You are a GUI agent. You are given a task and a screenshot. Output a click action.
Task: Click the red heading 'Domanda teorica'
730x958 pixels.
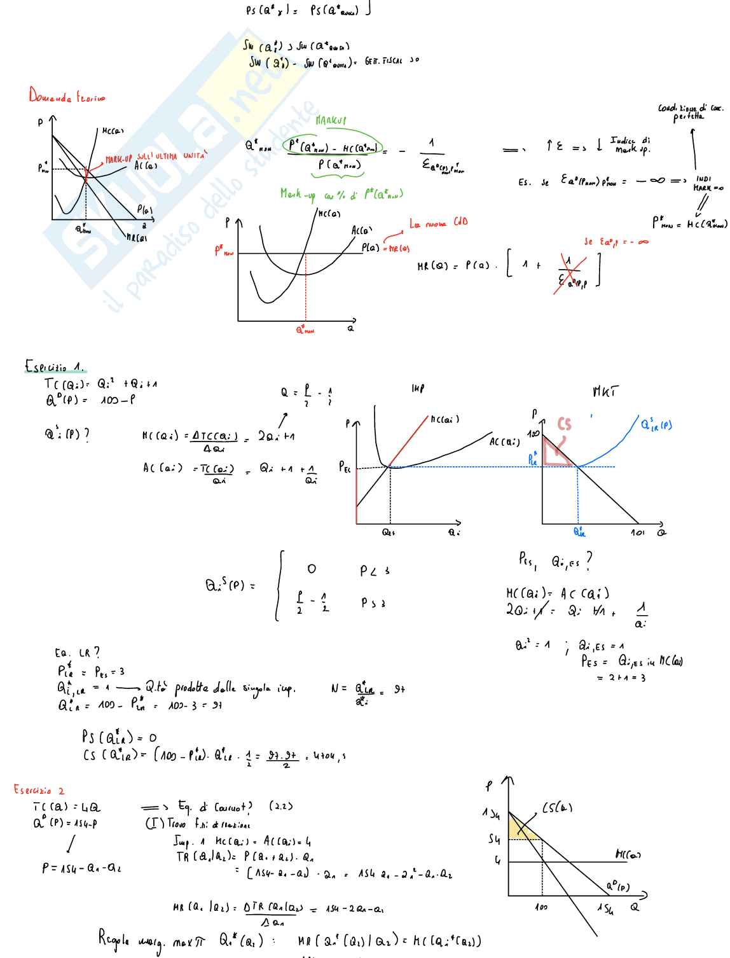click(66, 96)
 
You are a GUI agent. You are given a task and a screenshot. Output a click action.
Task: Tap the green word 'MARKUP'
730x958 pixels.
click(331, 120)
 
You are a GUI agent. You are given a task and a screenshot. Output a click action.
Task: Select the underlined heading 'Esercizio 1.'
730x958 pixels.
click(54, 367)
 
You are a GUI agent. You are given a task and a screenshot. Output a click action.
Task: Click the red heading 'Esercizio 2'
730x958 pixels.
click(39, 790)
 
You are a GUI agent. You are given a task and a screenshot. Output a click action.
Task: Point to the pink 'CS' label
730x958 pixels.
click(564, 424)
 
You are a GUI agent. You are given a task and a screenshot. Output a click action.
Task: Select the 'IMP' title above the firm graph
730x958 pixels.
click(418, 387)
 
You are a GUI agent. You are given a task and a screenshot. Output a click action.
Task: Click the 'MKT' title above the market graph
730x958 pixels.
click(605, 391)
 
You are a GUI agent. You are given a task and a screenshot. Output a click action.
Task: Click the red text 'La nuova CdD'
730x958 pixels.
click(438, 223)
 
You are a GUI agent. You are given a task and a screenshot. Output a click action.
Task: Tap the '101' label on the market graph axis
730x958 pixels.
click(637, 532)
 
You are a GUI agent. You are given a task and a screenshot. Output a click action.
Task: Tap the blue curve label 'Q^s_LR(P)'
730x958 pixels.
click(656, 424)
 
